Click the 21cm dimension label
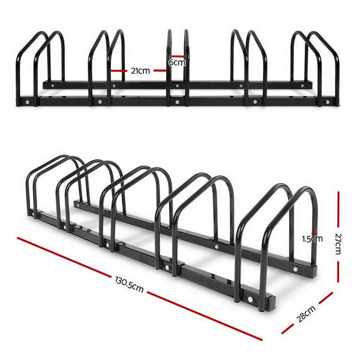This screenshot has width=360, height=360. coord(140,70)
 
